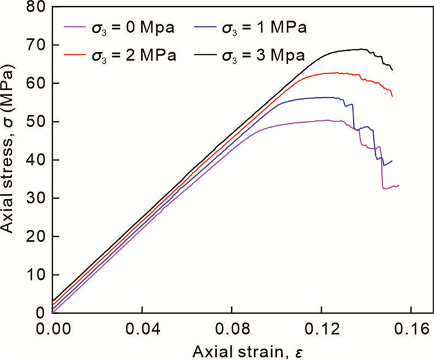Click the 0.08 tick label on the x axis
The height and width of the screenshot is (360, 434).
click(x=232, y=326)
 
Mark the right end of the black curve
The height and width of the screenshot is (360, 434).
click(x=392, y=70)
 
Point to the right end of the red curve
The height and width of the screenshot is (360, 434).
click(x=392, y=96)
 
